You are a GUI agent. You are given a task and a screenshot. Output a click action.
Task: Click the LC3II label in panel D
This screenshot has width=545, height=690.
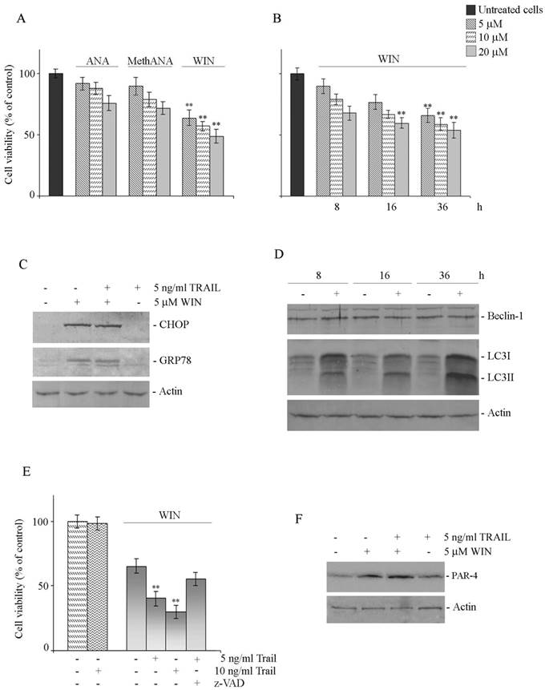tap(503, 376)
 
